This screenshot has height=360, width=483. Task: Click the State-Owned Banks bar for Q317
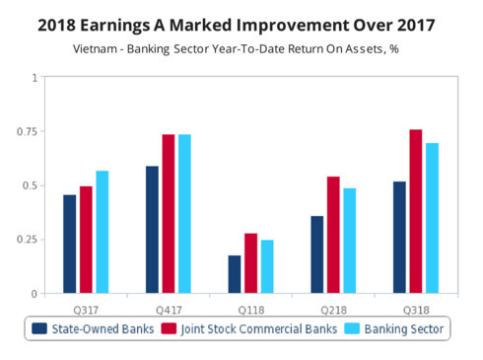tap(70, 244)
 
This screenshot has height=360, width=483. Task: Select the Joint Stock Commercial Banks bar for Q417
tap(169, 214)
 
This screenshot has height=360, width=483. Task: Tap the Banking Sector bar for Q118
tap(267, 266)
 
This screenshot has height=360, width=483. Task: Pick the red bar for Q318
tap(415, 211)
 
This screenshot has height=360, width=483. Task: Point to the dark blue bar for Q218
tap(316, 254)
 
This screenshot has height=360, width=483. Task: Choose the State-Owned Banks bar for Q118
tap(234, 274)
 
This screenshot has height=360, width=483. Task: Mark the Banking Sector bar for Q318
tap(432, 218)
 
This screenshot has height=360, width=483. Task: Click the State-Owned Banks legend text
tap(103, 328)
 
